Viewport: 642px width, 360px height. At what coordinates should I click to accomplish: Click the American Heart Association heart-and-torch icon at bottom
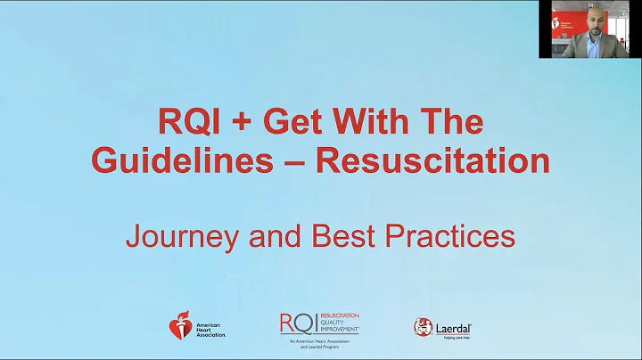coord(180,326)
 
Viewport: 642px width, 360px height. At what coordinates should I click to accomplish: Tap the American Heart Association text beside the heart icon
coord(210,328)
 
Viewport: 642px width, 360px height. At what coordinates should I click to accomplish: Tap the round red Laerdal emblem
coord(424,327)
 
